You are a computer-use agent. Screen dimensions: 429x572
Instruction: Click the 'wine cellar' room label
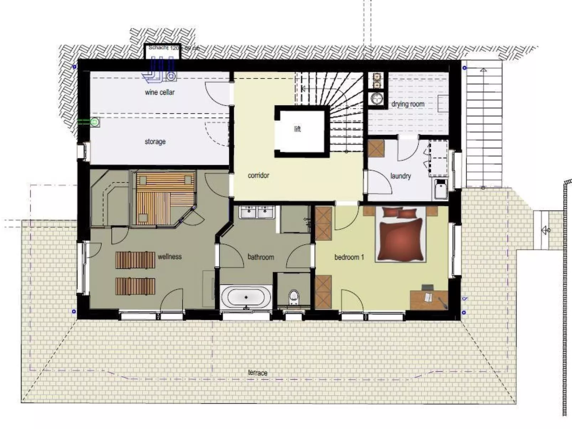[x=160, y=92]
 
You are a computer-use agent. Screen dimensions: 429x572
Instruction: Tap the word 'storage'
[x=155, y=142]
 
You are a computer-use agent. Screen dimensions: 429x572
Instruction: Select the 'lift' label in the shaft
[x=297, y=129]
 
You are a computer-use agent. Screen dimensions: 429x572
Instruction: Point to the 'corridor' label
[x=258, y=176]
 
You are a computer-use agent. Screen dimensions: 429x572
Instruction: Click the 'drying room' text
[x=408, y=104]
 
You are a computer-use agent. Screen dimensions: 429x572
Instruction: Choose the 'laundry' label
[x=400, y=176]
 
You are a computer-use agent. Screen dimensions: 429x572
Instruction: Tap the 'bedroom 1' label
[x=349, y=257]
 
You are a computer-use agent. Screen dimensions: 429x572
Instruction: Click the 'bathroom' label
[x=261, y=257]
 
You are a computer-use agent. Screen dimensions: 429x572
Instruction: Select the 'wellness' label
[x=170, y=257]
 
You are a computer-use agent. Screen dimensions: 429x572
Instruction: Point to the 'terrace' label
[x=258, y=373]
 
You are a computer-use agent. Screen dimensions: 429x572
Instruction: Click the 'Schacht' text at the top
[x=158, y=47]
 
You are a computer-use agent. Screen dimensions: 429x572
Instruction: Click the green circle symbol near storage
[x=94, y=122]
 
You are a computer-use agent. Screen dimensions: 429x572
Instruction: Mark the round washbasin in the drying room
[x=376, y=98]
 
